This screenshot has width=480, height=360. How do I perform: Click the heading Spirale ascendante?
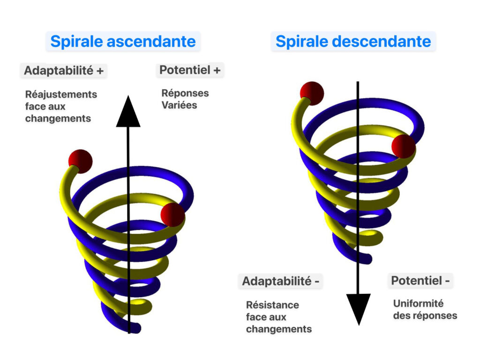click(x=123, y=41)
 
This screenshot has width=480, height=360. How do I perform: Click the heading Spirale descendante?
click(x=353, y=41)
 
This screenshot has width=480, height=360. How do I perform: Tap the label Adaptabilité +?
click(x=64, y=70)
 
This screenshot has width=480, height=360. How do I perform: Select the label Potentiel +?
click(x=190, y=70)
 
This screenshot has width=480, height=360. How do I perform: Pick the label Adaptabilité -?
click(x=281, y=281)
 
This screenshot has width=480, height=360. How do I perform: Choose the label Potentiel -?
click(x=420, y=280)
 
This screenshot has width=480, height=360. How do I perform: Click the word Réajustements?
click(x=61, y=94)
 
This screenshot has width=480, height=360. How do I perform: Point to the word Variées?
click(x=180, y=105)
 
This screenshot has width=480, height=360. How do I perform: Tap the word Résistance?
click(x=273, y=305)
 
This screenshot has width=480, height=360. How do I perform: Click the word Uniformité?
click(x=419, y=303)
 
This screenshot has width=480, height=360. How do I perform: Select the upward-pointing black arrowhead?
click(x=128, y=111)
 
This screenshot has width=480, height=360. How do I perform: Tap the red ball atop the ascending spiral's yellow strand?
click(x=81, y=162)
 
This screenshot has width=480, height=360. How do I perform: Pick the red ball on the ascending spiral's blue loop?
click(x=172, y=215)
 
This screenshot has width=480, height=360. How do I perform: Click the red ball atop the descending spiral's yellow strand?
click(x=312, y=94)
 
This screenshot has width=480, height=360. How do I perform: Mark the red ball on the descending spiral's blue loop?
click(x=404, y=147)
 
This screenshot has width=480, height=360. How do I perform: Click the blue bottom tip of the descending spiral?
click(x=367, y=259)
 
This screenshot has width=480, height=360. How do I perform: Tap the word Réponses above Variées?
click(x=185, y=93)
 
